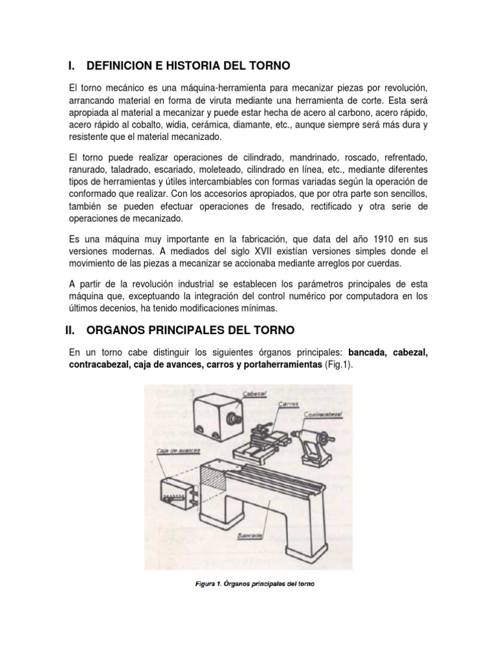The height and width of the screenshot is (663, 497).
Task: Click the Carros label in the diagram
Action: click(x=288, y=404)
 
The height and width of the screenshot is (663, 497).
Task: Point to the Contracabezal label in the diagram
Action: click(x=323, y=415)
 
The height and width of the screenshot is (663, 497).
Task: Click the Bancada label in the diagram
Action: click(x=250, y=536)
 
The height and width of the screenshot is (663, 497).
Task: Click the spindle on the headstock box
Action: click(x=233, y=420)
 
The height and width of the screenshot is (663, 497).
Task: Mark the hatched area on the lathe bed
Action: click(x=212, y=477)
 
